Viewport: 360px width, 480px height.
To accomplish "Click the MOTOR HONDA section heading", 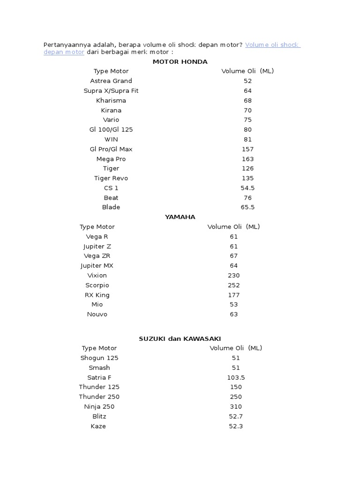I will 180,61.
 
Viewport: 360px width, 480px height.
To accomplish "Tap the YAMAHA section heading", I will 180,217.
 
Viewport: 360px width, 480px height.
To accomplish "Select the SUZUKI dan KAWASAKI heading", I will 180,338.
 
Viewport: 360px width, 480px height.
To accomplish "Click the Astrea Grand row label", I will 111,81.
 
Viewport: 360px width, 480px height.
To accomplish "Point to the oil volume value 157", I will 247,149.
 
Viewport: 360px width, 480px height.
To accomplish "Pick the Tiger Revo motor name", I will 111,178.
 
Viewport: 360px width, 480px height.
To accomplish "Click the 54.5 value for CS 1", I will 247,188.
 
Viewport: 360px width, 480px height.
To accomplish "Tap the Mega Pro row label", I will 111,159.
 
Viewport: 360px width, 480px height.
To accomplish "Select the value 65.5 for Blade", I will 247,207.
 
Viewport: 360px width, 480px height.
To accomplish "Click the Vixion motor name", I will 97,276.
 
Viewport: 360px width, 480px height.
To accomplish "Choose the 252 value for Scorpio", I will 233,285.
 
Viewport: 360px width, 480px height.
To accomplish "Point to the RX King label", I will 97,295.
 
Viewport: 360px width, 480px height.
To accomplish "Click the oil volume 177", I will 233,295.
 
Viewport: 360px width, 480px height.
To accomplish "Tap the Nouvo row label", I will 97,315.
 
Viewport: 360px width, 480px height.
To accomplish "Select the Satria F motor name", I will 99,377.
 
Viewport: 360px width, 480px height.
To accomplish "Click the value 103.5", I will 236,377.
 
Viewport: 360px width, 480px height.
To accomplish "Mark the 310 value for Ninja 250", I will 236,406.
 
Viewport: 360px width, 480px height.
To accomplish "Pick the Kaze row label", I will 98,426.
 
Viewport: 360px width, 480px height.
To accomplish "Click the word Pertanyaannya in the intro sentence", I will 65,45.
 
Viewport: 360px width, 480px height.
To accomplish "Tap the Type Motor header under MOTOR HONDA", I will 111,71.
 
